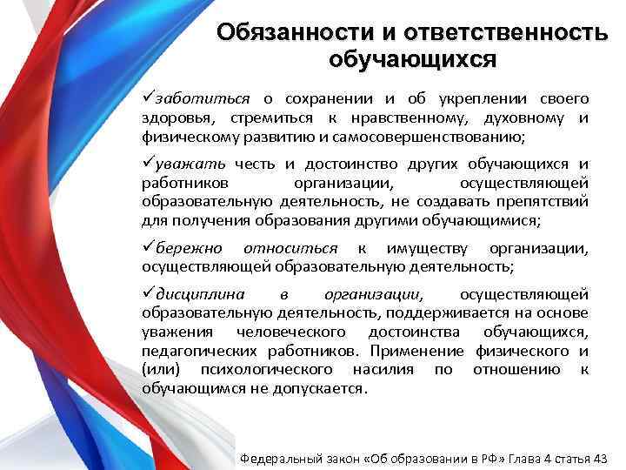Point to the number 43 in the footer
coord(599,455)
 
